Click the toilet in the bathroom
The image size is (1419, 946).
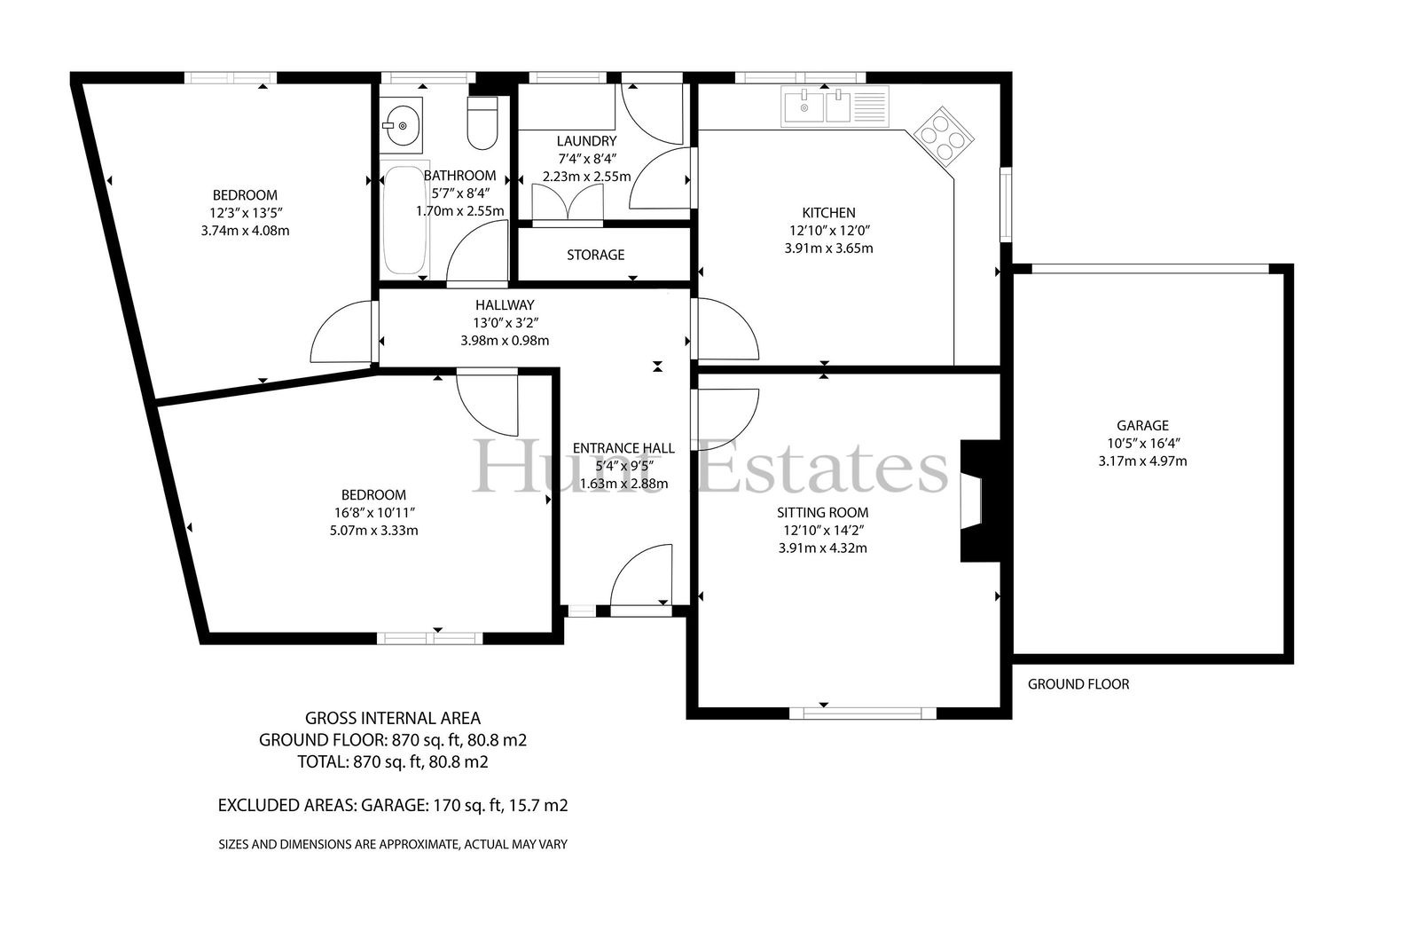[x=482, y=122]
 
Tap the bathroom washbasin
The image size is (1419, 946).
[x=402, y=125]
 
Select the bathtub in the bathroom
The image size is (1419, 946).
[x=404, y=219]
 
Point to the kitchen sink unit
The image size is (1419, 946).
[x=835, y=106]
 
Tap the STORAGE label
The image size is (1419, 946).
[x=595, y=255]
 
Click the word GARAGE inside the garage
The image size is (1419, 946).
[x=1143, y=425]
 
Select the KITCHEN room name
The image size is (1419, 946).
[x=828, y=213]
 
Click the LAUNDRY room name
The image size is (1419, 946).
[x=586, y=141]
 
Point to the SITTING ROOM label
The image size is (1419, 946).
[x=823, y=512]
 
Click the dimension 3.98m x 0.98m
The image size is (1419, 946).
[x=505, y=341]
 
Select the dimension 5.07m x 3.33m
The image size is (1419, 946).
[x=373, y=530]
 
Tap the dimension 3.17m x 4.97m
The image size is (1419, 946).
[x=1143, y=461]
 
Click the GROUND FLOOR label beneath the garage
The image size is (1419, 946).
[x=1078, y=684]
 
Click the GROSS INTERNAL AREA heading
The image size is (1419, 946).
[x=393, y=719]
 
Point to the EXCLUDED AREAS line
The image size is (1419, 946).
[x=393, y=805]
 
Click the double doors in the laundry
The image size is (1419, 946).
[x=568, y=202]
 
